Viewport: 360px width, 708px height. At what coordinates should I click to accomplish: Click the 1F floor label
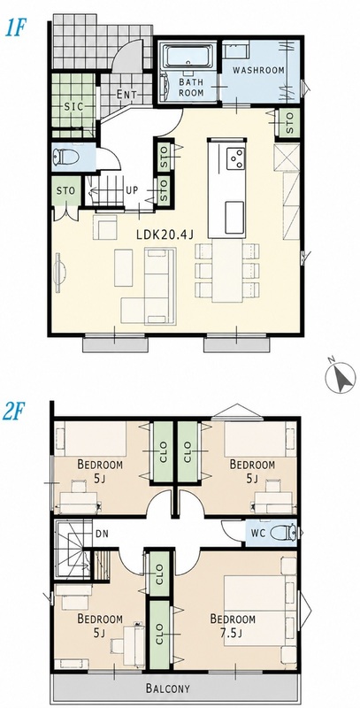14,28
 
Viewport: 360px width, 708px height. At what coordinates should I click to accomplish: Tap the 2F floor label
13,412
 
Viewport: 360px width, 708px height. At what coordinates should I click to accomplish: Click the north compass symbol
341,377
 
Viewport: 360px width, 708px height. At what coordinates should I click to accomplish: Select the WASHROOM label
258,71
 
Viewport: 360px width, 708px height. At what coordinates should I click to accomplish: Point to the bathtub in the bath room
188,57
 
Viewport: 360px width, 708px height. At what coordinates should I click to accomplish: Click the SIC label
74,106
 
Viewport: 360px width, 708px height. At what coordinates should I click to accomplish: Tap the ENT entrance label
126,95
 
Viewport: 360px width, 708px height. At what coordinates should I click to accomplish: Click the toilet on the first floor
65,158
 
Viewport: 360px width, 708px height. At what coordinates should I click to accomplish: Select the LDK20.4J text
165,234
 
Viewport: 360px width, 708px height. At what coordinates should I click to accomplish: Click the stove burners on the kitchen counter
235,158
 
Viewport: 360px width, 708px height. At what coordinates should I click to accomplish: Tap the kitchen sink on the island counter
234,218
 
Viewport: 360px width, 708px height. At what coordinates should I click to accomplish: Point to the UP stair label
131,190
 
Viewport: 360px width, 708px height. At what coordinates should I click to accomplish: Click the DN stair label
102,534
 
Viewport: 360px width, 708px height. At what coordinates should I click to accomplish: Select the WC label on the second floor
258,533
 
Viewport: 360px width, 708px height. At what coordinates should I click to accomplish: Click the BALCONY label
168,689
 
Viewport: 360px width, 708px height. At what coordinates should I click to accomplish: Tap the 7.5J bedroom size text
231,633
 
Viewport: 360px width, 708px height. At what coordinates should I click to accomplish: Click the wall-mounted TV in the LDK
59,272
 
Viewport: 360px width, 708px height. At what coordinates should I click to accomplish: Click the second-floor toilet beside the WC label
283,533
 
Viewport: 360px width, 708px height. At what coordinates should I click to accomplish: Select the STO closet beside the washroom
289,121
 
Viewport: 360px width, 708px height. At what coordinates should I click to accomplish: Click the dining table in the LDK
227,271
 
